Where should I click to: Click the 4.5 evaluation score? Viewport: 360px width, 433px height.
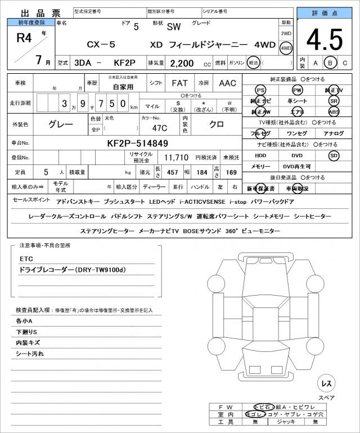[x=324, y=40]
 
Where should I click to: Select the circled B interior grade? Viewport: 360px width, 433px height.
[x=331, y=63]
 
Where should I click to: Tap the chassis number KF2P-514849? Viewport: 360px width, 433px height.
[x=137, y=143]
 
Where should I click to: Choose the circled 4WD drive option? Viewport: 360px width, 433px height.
[x=286, y=48]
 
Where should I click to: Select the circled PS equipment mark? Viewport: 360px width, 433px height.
[x=260, y=91]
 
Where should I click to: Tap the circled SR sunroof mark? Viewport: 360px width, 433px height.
[x=334, y=101]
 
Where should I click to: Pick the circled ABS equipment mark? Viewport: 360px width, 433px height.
[x=334, y=111]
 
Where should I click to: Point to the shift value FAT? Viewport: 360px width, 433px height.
[x=179, y=83]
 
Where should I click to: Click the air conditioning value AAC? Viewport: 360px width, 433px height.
[x=227, y=83]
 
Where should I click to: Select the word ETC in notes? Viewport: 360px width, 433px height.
[x=26, y=259]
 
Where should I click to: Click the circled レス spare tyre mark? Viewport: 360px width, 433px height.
[x=326, y=383]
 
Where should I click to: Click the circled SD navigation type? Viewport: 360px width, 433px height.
[x=334, y=155]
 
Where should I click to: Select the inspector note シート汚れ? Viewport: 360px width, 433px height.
[x=30, y=354]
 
